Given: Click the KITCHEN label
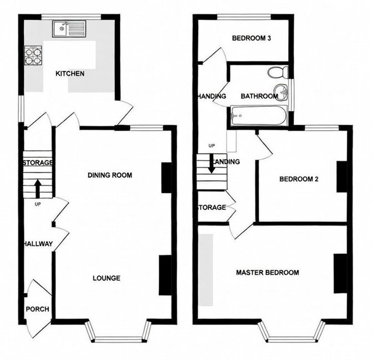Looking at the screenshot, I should point(69,73).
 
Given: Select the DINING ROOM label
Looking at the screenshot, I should point(110,175).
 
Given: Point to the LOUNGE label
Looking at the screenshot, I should point(107,278).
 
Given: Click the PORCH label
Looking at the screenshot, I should point(37,309).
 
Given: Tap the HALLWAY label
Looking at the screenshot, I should point(38,244).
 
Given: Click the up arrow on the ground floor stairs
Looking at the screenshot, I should point(37,187).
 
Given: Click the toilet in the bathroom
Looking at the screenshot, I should point(276,72).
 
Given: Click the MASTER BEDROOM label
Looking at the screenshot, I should point(267,273).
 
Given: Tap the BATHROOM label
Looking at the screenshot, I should point(259,96).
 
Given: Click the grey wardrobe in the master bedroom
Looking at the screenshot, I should point(206,269).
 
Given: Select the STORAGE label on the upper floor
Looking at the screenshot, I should point(211,208).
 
